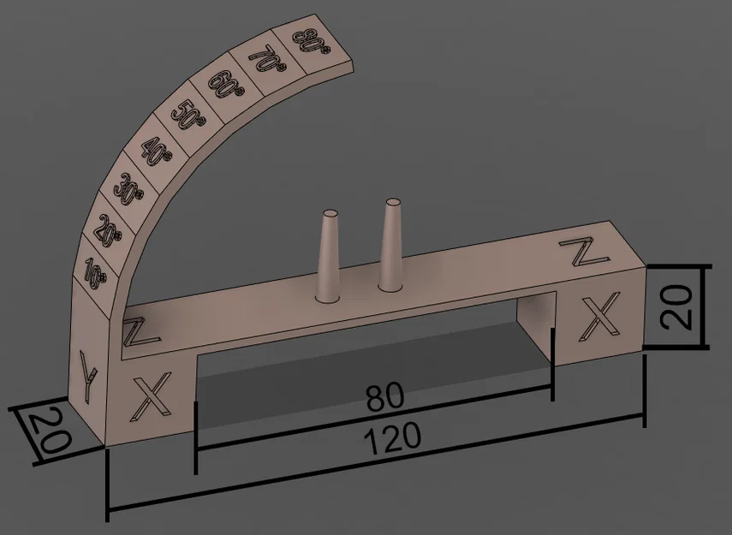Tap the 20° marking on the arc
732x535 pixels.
pyautogui.click(x=110, y=229)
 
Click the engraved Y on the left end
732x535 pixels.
pyautogui.click(x=86, y=377)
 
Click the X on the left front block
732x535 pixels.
pyautogui.click(x=151, y=397)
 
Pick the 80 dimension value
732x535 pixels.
pyautogui.click(x=385, y=399)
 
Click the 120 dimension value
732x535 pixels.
pyautogui.click(x=393, y=438)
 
